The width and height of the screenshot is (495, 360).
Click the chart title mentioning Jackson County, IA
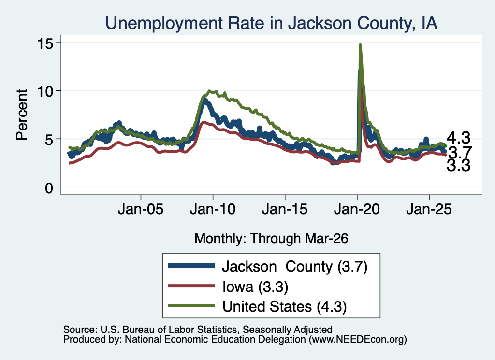click(x=271, y=23)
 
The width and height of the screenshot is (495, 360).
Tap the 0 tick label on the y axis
click(x=49, y=187)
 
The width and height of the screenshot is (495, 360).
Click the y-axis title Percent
click(x=22, y=115)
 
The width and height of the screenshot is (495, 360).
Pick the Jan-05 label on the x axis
click(x=141, y=209)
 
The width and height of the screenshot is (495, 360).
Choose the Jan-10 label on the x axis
click(x=213, y=209)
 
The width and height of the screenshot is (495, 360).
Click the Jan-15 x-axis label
click(x=285, y=209)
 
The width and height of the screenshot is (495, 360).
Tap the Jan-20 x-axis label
click(x=357, y=209)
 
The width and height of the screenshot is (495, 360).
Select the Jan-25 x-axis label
click(x=429, y=209)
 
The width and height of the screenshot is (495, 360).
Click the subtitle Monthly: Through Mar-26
click(x=271, y=239)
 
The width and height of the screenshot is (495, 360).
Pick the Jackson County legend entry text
click(x=295, y=267)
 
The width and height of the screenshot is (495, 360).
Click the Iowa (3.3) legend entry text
click(x=255, y=287)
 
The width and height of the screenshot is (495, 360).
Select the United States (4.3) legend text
click(x=284, y=307)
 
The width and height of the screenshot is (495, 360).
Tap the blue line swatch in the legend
click(x=191, y=266)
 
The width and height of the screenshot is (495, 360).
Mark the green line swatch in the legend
click(x=191, y=305)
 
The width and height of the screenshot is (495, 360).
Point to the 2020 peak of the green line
click(x=360, y=45)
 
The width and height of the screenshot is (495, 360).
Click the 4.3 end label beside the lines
click(x=458, y=138)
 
